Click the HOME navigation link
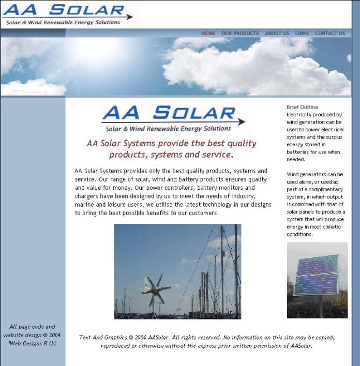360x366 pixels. pyautogui.click(x=208, y=34)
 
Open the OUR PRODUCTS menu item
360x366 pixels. pyautogui.click(x=240, y=34)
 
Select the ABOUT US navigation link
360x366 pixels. pyautogui.click(x=277, y=34)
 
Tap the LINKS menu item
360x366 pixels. pyautogui.click(x=302, y=34)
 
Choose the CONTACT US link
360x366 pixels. pyautogui.click(x=330, y=34)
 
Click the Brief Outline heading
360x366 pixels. pyautogui.click(x=303, y=107)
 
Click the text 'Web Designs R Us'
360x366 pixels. pyautogui.click(x=33, y=343)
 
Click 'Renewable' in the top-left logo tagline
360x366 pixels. pyautogui.click(x=69, y=23)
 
